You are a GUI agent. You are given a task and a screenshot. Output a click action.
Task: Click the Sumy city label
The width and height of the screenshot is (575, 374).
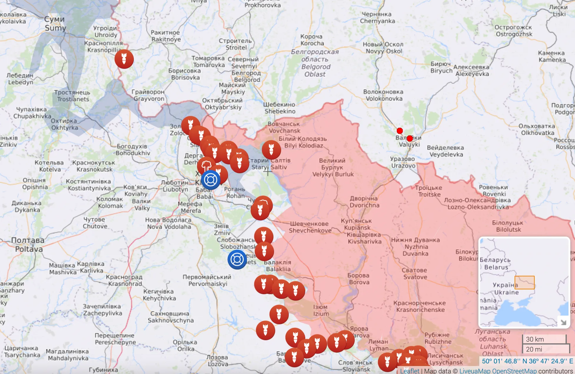click(x=55, y=24)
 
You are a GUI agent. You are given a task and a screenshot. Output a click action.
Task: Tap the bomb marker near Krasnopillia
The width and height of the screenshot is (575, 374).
click(x=124, y=59)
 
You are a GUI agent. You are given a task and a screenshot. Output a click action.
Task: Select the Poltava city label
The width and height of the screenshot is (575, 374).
click(x=28, y=245)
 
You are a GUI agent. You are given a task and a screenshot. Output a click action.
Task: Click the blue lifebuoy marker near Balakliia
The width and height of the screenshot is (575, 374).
click(x=237, y=260)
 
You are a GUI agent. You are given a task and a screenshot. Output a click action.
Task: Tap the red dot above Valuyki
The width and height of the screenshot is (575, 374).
click(x=400, y=131)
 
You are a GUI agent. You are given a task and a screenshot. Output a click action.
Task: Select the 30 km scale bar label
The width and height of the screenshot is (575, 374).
click(x=535, y=339)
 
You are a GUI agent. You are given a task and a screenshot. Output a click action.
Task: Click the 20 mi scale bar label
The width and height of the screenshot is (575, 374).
click(x=534, y=349)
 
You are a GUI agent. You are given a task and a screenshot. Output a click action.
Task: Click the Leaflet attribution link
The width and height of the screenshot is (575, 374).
click(x=409, y=371)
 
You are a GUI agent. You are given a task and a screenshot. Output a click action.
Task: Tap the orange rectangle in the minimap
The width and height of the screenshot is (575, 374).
click(x=524, y=283)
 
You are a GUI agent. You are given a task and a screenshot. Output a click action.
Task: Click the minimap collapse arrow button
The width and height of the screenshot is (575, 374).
click(x=563, y=322)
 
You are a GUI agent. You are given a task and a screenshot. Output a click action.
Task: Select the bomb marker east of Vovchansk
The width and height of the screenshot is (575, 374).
click(x=271, y=149)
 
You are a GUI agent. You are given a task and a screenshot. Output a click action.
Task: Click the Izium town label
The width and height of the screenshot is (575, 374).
click(x=321, y=310)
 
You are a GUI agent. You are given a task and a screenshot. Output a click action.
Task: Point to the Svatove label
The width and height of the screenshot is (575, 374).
click(x=415, y=274)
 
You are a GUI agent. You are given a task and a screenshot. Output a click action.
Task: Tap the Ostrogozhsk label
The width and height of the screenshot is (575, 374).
click(x=514, y=31)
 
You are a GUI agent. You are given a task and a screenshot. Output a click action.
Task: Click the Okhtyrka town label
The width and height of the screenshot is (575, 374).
click(x=64, y=124)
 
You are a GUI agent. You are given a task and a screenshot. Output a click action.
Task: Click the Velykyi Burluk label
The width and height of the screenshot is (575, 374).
click(x=333, y=167)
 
